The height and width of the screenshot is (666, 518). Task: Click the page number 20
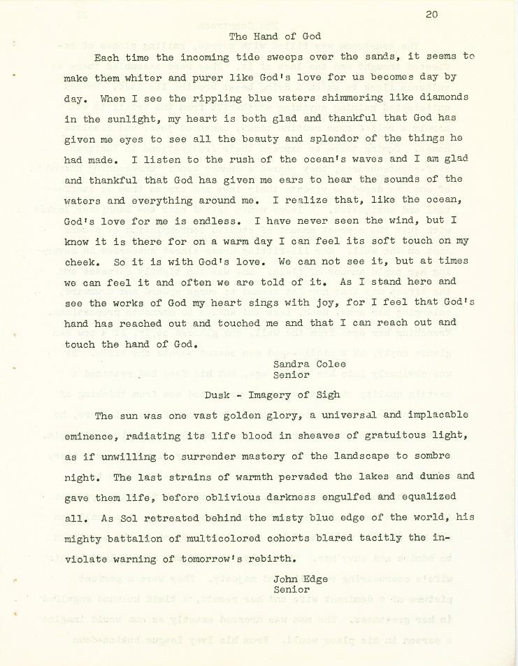431,13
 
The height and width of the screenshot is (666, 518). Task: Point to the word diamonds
443,98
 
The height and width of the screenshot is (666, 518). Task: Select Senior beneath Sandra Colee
292,375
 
